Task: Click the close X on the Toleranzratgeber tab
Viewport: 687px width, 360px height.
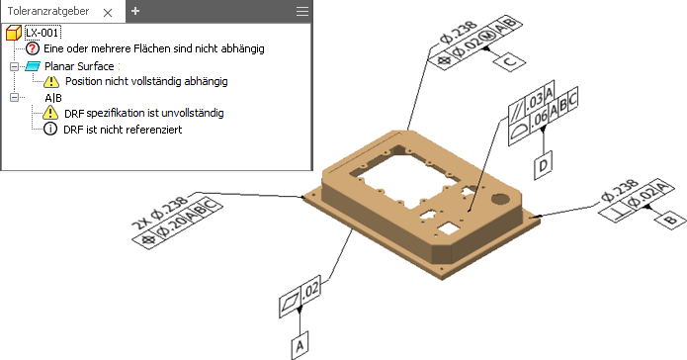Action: (x=108, y=13)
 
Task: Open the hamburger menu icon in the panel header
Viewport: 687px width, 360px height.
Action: (x=302, y=12)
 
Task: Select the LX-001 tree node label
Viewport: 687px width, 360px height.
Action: (x=43, y=33)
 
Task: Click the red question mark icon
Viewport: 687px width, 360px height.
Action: (x=33, y=48)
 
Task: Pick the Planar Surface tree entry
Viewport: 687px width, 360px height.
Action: (x=79, y=66)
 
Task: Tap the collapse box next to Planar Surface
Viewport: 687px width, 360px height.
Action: (x=15, y=66)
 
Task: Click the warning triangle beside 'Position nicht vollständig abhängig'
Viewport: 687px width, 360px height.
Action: (x=51, y=81)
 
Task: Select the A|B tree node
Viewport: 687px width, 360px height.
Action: (x=53, y=98)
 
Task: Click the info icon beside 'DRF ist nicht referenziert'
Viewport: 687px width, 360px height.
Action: (x=50, y=129)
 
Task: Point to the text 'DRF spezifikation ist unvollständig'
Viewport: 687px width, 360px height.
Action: (x=144, y=113)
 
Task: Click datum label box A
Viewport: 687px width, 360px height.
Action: (x=300, y=345)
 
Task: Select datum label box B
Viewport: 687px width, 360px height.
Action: (x=670, y=218)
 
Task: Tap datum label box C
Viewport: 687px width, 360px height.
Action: (x=510, y=60)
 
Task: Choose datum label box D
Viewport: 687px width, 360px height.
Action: (x=543, y=165)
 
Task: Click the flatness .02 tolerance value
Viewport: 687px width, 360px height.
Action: (x=310, y=291)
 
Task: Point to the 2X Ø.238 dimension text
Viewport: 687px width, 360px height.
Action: (x=161, y=213)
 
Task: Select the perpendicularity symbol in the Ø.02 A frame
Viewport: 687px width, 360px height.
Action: (x=615, y=214)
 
